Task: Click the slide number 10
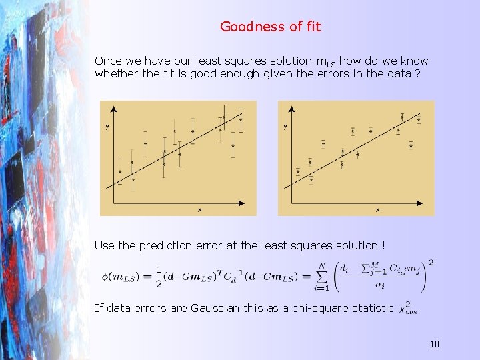tap(434, 344)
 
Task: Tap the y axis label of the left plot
tap(107, 127)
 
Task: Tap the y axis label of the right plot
tap(285, 127)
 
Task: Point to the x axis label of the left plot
tap(199, 210)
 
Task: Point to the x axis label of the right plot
tap(377, 210)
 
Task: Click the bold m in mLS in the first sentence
tap(319, 61)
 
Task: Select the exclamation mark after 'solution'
tap(383, 245)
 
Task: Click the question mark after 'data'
tap(417, 73)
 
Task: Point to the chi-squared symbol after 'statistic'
tap(405, 308)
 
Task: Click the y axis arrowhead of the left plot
tap(115, 109)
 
